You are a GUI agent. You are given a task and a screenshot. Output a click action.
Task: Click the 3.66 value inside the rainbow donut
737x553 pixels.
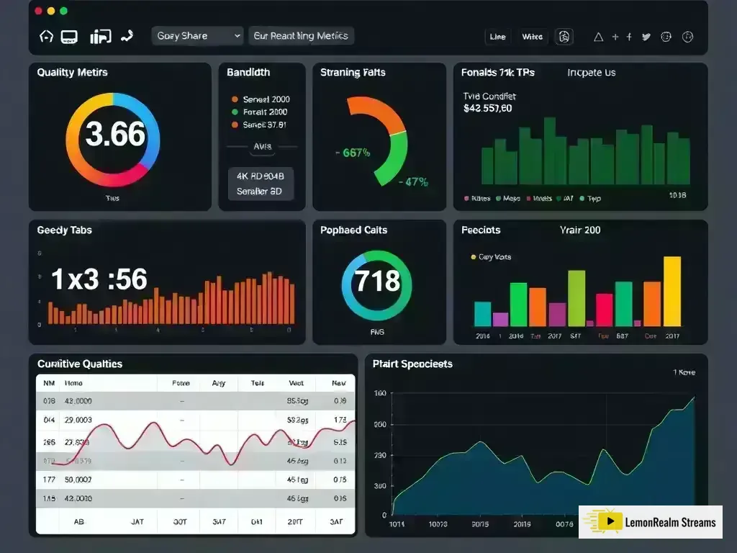[115, 135]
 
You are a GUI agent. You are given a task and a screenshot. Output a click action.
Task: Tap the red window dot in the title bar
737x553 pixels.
[38, 11]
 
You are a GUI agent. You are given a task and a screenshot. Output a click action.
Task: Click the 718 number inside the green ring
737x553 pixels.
[377, 279]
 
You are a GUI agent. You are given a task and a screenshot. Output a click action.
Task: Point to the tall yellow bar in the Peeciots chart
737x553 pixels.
[672, 291]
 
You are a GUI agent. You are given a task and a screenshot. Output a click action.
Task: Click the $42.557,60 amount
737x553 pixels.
[488, 109]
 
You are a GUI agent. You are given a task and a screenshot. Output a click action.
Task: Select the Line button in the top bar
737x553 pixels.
[497, 37]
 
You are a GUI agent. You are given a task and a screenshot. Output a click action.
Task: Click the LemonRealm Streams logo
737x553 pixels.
[650, 522]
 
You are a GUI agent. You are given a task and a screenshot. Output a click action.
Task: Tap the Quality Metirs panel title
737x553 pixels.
[72, 73]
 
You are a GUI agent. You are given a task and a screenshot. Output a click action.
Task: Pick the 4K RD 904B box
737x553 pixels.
[260, 175]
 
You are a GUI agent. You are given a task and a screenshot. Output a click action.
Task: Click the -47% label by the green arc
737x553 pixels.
[413, 182]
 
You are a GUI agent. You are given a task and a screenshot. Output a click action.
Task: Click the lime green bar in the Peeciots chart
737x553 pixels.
[577, 298]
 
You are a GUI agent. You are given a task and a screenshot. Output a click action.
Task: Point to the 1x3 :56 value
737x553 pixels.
[99, 279]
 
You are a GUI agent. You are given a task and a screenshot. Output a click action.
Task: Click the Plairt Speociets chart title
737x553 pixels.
[412, 364]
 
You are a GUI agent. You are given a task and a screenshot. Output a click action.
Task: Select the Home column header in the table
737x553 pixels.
[73, 384]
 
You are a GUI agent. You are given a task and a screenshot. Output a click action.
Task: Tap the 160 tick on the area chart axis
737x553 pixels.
[379, 394]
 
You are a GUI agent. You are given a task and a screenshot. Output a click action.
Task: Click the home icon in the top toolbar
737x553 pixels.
[46, 36]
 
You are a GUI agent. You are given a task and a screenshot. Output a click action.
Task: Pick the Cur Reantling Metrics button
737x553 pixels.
[301, 36]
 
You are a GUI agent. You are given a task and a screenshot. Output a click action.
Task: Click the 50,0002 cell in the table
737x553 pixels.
[78, 479]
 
